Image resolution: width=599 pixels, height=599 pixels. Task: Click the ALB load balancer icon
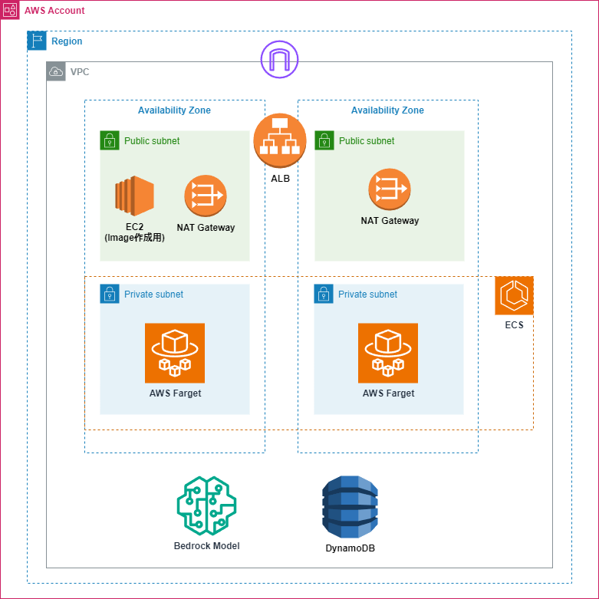[x=280, y=140]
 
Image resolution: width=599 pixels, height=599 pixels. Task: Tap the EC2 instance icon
[x=135, y=196]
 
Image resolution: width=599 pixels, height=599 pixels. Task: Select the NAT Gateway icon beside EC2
[x=206, y=196]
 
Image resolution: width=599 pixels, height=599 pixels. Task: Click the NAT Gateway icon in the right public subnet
[x=390, y=189]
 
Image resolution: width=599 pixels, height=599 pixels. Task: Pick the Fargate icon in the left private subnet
[x=175, y=353]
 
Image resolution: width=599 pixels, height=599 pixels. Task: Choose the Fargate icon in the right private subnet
[x=388, y=353]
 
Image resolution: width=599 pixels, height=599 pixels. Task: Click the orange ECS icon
[x=514, y=295]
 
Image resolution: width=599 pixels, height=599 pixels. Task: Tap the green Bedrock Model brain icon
[x=206, y=506]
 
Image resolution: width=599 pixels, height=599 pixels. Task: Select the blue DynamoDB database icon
[x=350, y=507]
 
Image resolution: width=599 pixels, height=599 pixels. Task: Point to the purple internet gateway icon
[x=280, y=59]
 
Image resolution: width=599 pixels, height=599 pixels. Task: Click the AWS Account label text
[x=54, y=11]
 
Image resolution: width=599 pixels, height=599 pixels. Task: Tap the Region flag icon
[x=37, y=41]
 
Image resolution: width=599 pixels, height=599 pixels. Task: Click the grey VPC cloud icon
[x=56, y=71]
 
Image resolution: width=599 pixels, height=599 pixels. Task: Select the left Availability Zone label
[x=174, y=110]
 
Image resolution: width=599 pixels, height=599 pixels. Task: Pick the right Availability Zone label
[x=387, y=110]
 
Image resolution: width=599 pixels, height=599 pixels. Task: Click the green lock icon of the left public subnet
[x=110, y=140]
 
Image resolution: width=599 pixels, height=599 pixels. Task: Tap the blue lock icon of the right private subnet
[x=323, y=294]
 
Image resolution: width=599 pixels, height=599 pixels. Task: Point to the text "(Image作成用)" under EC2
[x=135, y=238]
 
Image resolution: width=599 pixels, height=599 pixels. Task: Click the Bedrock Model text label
[x=206, y=546]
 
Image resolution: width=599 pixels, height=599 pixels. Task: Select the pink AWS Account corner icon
[x=10, y=10]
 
